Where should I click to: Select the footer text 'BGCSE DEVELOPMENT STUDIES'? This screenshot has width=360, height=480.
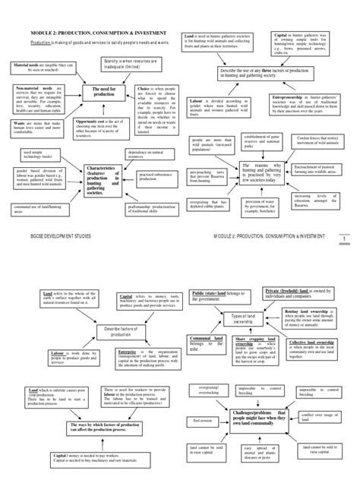click(x=57, y=237)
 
